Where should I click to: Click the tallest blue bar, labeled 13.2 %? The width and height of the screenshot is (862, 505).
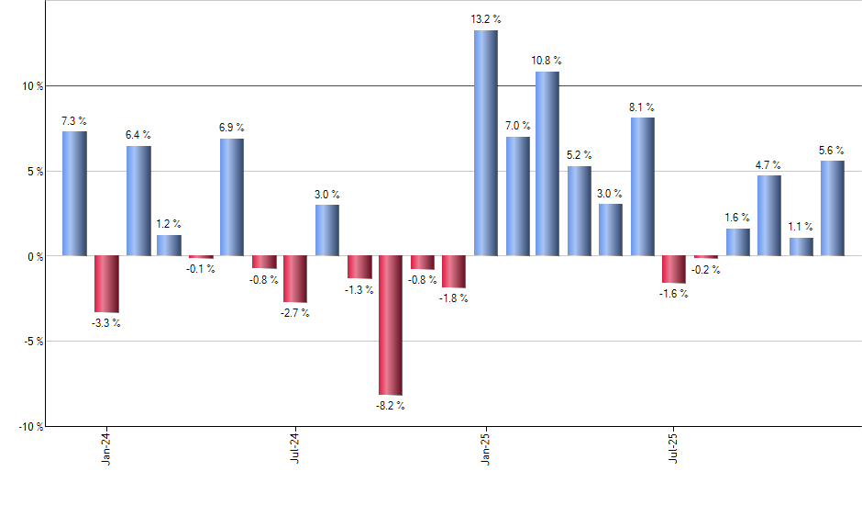(x=485, y=142)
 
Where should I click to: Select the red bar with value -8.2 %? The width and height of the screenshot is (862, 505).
(x=391, y=325)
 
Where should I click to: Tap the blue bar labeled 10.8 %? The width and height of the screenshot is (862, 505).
(x=547, y=163)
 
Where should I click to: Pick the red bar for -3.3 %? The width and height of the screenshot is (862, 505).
(x=106, y=284)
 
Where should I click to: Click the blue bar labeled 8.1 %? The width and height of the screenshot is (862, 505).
(x=643, y=185)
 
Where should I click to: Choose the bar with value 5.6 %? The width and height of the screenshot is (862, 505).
(x=833, y=208)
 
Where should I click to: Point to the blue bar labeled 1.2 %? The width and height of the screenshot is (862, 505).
(x=169, y=245)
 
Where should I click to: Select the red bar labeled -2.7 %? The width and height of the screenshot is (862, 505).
(x=295, y=278)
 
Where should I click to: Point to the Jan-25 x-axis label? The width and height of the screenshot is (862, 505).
(x=486, y=446)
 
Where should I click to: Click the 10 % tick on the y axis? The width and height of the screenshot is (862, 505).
(x=34, y=86)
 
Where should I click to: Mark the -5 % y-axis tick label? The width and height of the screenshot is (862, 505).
(x=33, y=342)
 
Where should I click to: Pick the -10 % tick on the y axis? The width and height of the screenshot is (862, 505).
(x=30, y=427)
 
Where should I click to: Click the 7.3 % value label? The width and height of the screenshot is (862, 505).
(x=74, y=120)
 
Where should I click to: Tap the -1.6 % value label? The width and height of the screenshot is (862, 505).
(x=673, y=294)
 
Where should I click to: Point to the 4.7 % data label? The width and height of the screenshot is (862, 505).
(x=768, y=165)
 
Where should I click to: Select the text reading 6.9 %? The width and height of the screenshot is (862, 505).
(x=232, y=128)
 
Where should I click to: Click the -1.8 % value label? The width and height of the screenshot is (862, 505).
(x=453, y=298)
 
